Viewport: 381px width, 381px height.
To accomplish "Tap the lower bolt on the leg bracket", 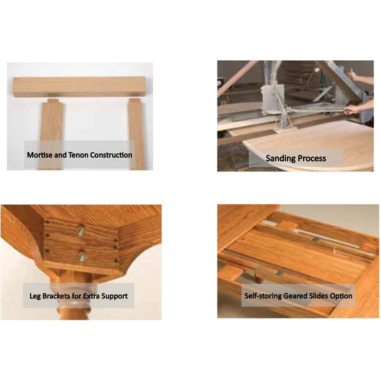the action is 81,256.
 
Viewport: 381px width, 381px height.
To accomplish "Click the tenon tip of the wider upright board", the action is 53,101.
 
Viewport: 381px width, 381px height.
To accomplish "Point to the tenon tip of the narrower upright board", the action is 134,101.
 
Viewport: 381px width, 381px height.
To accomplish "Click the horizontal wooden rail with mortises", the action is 79,87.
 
